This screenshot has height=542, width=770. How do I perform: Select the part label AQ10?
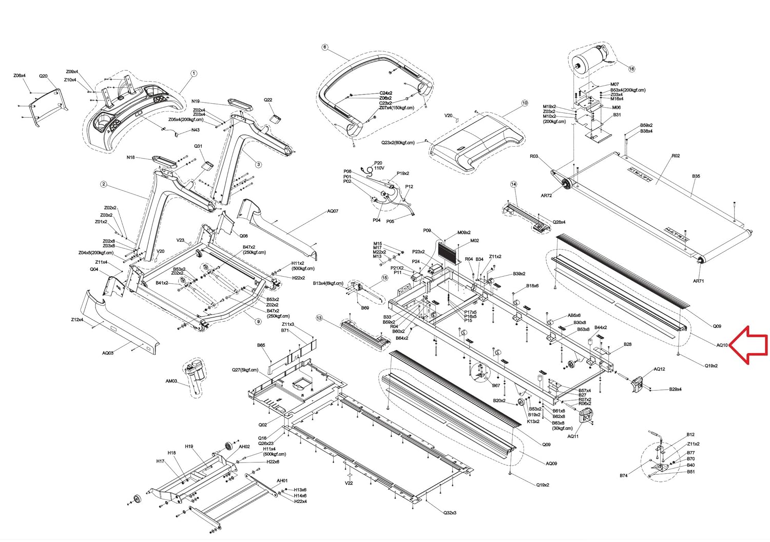coord(722,345)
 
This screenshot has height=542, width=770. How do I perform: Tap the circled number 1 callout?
coord(194,73)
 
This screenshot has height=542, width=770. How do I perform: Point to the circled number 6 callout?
coord(324,47)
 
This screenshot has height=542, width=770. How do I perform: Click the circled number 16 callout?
coord(631,69)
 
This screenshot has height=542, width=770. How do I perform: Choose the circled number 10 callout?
coord(524,103)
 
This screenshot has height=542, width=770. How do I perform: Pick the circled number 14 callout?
coord(513,184)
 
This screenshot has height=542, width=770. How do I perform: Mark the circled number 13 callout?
coord(319,318)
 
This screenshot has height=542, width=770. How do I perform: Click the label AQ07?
coord(333,211)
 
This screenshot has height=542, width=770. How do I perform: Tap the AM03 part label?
coord(171,381)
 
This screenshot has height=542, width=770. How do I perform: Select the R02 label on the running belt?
coord(676,156)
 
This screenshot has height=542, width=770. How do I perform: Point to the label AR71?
coord(698,281)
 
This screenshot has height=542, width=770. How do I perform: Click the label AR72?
coord(546,196)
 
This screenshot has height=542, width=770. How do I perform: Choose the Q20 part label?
coord(43,76)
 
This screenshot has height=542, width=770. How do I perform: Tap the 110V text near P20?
coord(379,168)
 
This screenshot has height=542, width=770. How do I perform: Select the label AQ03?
coord(108,353)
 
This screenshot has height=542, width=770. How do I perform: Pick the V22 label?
coord(349,483)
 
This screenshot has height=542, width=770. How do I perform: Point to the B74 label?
coord(623,476)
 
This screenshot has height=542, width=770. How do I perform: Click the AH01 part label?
coord(282,481)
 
